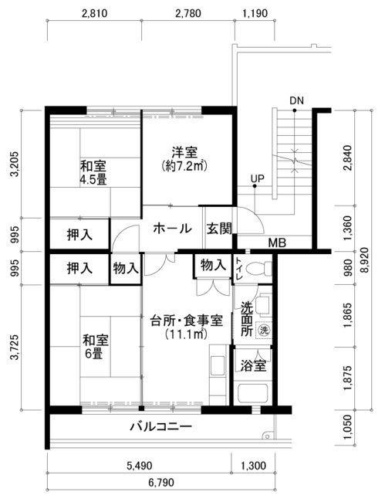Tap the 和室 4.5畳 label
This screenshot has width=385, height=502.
pyautogui.click(x=93, y=173)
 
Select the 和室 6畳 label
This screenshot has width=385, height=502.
pyautogui.click(x=96, y=347)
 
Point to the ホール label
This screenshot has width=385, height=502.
pyautogui.click(x=172, y=229)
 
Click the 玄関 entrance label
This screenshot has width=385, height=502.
pyautogui.click(x=219, y=229)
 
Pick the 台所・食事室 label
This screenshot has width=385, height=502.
pyautogui.click(x=187, y=321)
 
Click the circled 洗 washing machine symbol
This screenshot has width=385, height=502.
pyautogui.click(x=264, y=330)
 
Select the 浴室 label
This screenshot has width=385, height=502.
pyautogui.click(x=253, y=366)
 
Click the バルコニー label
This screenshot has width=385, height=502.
pyautogui.click(x=161, y=426)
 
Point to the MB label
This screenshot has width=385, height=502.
pyautogui.click(x=277, y=243)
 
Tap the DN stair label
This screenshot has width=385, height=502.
pyautogui.click(x=296, y=100)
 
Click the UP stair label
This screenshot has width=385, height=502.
pyautogui.click(x=258, y=178)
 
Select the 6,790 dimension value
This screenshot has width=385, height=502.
pyautogui.click(x=161, y=482)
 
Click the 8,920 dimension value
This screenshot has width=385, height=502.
pyautogui.click(x=364, y=259)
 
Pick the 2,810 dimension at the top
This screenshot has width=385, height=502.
pyautogui.click(x=94, y=13)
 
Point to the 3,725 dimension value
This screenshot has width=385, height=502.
pyautogui.click(x=15, y=348)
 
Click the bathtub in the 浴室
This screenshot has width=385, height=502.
pyautogui.click(x=252, y=393)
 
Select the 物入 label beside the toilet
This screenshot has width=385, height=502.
pyautogui.click(x=213, y=266)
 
